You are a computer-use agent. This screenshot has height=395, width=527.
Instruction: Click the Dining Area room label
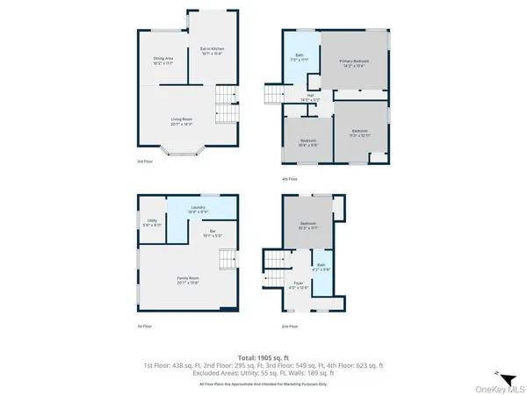point(163,61)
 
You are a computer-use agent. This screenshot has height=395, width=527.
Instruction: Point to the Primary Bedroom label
point(355,62)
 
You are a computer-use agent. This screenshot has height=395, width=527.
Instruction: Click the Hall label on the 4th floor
point(310,97)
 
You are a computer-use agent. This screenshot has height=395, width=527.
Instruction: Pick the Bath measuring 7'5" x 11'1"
point(300,58)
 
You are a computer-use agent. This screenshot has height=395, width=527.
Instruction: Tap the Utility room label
point(152,223)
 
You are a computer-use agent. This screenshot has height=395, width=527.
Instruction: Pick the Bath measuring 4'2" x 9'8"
point(321,267)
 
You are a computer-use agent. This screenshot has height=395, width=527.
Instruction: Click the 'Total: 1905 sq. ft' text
point(263,357)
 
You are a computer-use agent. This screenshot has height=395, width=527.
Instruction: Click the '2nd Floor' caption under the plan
point(290,326)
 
